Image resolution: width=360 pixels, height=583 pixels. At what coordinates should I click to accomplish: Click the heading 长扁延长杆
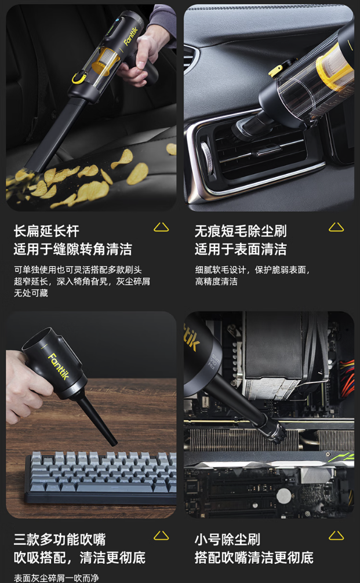tap(46, 231)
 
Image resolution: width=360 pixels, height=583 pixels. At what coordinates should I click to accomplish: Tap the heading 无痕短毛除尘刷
tap(241, 231)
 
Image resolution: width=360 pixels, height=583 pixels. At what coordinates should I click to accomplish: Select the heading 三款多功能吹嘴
tap(60, 539)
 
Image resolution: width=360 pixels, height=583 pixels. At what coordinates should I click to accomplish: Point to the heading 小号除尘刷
tap(227, 539)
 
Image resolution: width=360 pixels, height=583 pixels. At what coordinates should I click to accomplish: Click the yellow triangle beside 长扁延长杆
tap(161, 227)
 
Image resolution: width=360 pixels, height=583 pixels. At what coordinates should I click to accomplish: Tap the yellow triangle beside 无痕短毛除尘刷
tap(336, 227)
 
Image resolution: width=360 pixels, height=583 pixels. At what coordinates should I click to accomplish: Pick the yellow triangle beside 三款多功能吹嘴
tap(161, 535)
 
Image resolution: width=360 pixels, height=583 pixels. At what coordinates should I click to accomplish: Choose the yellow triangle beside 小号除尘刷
tap(336, 535)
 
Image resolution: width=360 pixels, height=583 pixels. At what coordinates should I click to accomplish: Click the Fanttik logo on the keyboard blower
tap(59, 366)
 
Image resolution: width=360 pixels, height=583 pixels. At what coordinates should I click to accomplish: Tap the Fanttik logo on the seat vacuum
tap(130, 36)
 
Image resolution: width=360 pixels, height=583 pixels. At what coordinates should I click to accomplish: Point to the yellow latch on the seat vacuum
tap(79, 78)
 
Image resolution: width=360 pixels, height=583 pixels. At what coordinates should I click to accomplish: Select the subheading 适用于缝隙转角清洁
tap(73, 249)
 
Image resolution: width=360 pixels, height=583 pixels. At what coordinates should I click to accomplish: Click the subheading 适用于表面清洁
tap(241, 249)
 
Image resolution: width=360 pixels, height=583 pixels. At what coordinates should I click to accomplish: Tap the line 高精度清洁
tap(216, 282)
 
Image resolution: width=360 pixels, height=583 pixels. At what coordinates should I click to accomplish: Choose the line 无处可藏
tap(31, 293)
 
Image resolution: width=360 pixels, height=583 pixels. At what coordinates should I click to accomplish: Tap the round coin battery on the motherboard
tap(283, 496)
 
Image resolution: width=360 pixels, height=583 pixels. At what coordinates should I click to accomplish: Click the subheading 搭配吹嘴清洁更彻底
tap(254, 558)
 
